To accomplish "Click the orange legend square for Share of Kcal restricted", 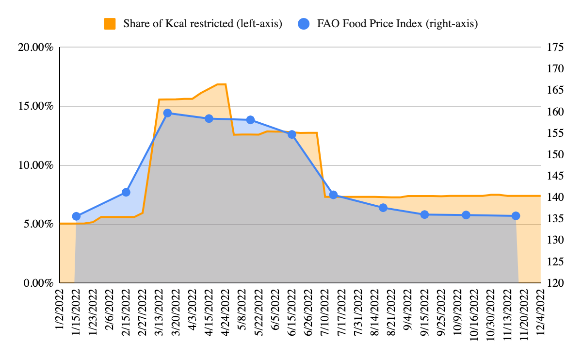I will click(x=110, y=23).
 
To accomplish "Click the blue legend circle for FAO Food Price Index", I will click(x=304, y=23).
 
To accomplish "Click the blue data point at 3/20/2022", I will click(x=167, y=113).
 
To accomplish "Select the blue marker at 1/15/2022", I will click(x=76, y=216).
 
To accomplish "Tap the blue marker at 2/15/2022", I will click(x=126, y=192).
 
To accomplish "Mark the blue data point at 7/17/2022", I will click(x=333, y=195).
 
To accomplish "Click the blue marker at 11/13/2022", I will click(x=516, y=216).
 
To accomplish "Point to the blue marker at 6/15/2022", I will click(x=292, y=134).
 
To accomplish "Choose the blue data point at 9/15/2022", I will click(x=424, y=214).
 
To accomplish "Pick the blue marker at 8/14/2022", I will click(x=383, y=208).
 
